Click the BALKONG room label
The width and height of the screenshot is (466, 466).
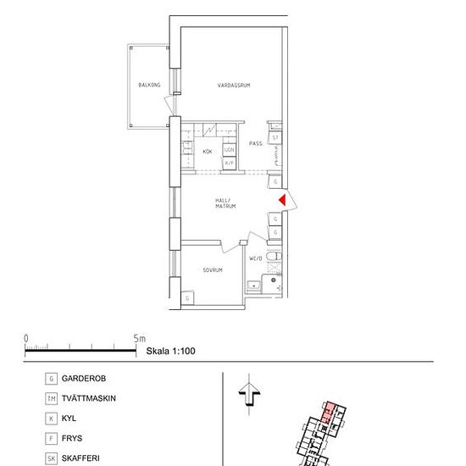pos(149,85)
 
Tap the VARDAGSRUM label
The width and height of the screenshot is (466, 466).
pos(234,86)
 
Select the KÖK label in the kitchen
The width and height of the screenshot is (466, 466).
pos(208,152)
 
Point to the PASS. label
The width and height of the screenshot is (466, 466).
pos(256,144)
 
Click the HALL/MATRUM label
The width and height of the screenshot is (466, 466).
pos(225,203)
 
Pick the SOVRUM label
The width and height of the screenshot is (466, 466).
pos(213,270)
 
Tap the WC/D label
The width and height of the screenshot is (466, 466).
pos(254,259)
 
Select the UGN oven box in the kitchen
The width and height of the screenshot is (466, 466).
pos(229,150)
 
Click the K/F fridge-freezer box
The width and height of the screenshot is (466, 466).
pos(229,162)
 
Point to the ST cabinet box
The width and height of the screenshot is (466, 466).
pos(275,136)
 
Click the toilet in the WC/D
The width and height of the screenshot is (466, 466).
pos(272,257)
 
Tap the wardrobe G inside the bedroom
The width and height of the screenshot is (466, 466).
pos(187,298)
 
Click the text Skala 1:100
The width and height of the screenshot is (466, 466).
pos(171,349)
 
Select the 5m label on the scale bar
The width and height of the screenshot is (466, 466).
pos(140,338)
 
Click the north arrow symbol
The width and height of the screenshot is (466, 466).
pos(247,395)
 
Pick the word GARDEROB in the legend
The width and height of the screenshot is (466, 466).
pos(84,378)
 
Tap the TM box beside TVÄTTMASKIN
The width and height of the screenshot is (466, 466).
pos(53,398)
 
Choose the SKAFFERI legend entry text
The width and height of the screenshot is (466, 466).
pos(80,458)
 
